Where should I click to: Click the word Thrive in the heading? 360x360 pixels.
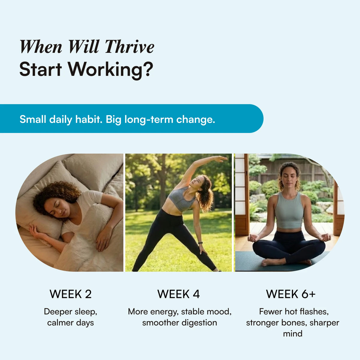coord(130,47)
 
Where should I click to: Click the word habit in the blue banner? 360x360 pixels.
coord(87,119)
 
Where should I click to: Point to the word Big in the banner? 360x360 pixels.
coord(113,119)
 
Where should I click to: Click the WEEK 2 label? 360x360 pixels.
coord(70,294)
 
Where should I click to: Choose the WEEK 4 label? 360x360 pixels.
coord(178,294)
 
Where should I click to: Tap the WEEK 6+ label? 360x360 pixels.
coord(291,294)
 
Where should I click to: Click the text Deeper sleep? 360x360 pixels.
coord(70,311)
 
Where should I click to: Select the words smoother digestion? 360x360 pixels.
coord(179,323)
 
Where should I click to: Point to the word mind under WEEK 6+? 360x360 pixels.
coord(292,334)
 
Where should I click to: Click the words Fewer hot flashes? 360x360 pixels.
coord(294,311)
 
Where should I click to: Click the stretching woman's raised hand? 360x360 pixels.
coord(220,158)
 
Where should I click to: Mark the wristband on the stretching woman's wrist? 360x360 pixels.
coord(200,243)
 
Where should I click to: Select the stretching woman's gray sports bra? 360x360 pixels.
coord(181,199)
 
